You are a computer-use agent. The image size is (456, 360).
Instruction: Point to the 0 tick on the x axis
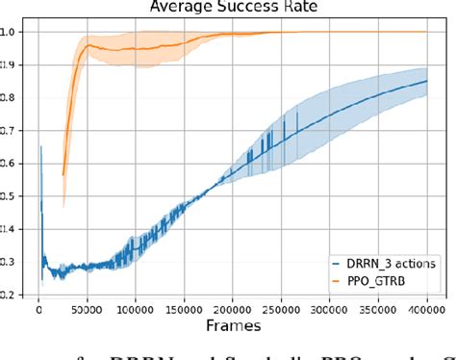click(x=38, y=311)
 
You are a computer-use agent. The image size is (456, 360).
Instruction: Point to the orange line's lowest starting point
click(x=63, y=175)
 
